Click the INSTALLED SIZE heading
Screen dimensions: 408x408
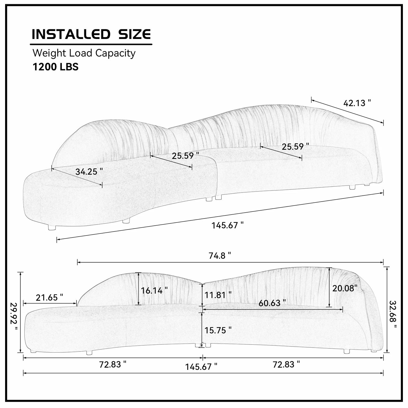coord(91,34)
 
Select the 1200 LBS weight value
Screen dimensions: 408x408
coord(55,67)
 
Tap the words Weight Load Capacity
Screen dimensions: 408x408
coord(84,53)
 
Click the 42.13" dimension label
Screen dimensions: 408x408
coord(357,103)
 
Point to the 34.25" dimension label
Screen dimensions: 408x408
coord(89,171)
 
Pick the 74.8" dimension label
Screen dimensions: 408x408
coord(220,256)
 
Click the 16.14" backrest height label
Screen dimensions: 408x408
coord(154,290)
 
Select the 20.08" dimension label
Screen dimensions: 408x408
coord(345,288)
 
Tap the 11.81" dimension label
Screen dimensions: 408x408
coord(218,294)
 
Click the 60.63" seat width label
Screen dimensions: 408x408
coord(272,303)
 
